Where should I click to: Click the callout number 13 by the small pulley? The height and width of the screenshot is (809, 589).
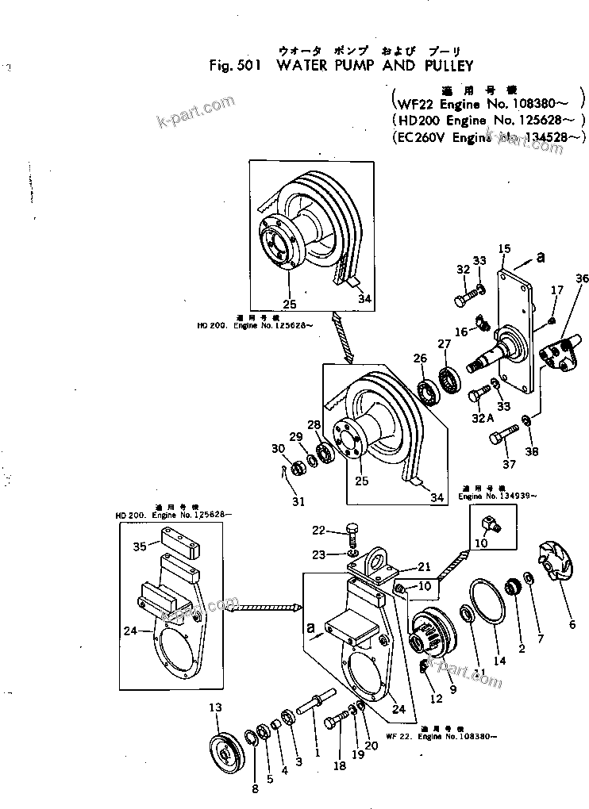215,707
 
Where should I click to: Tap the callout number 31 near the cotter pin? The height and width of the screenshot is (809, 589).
298,501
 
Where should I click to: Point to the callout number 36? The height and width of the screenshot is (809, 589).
583,278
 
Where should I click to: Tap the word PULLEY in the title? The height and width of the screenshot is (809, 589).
437,66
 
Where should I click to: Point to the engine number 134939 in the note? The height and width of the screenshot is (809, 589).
518,496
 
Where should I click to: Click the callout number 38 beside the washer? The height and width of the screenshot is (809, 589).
531,452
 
